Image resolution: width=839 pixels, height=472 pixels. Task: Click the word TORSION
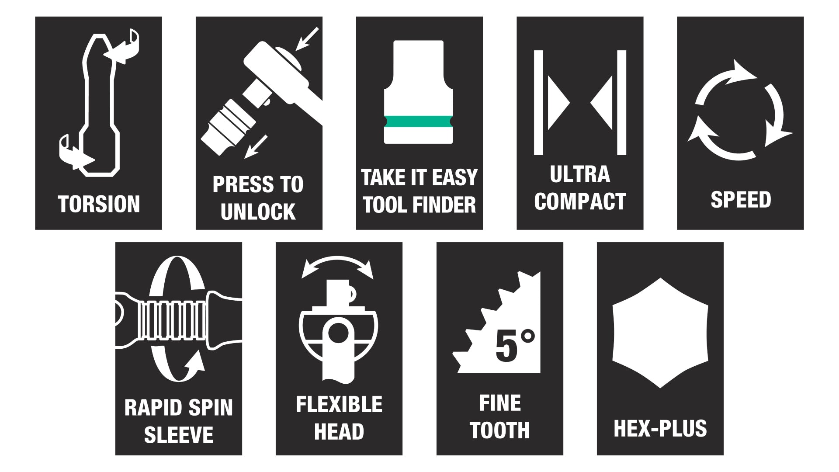point(99,204)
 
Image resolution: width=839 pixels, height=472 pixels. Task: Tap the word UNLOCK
point(258,212)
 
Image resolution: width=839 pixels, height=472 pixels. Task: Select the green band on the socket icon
point(419,121)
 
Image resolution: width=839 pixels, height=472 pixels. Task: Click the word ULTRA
point(580,174)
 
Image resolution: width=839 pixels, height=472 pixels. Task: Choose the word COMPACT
point(580,201)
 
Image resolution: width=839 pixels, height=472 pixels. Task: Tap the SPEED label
point(741,200)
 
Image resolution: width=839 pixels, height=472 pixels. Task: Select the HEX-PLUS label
point(660,428)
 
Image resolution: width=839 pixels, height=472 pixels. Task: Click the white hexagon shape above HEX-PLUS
point(660,333)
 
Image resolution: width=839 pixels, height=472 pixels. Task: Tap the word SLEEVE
point(179,434)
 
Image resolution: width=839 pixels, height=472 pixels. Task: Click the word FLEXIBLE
point(339,405)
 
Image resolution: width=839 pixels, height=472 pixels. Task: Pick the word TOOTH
point(499,430)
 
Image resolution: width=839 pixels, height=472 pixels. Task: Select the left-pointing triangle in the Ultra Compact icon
point(602,103)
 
